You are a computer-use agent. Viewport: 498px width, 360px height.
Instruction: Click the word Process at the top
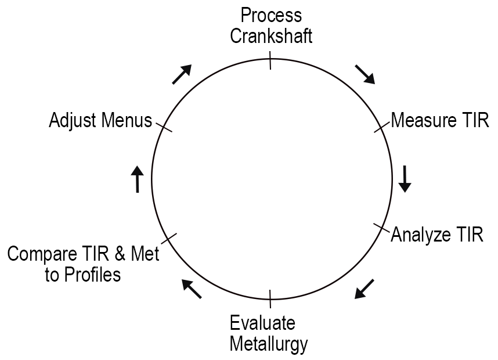point(272,15)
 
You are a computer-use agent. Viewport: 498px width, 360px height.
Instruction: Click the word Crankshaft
point(272,36)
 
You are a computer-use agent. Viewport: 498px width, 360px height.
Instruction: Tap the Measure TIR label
point(440,121)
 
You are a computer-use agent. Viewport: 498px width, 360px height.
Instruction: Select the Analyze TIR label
point(437,235)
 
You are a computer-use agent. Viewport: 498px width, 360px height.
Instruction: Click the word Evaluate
point(262,323)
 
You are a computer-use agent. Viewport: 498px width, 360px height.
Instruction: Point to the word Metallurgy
point(268,344)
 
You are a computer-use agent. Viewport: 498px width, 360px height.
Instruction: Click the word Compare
point(39,255)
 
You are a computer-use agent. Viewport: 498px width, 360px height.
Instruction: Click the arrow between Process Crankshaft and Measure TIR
point(365,74)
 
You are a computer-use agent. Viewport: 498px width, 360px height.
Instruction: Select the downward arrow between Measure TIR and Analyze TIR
point(405,179)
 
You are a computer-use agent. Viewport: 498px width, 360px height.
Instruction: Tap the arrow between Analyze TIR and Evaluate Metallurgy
point(365,289)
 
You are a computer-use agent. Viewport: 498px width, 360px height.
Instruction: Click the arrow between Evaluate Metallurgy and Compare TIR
point(192,289)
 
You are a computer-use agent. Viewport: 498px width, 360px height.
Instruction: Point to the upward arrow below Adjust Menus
point(137,179)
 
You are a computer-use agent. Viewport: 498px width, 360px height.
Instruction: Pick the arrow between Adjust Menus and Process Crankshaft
point(182,74)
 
